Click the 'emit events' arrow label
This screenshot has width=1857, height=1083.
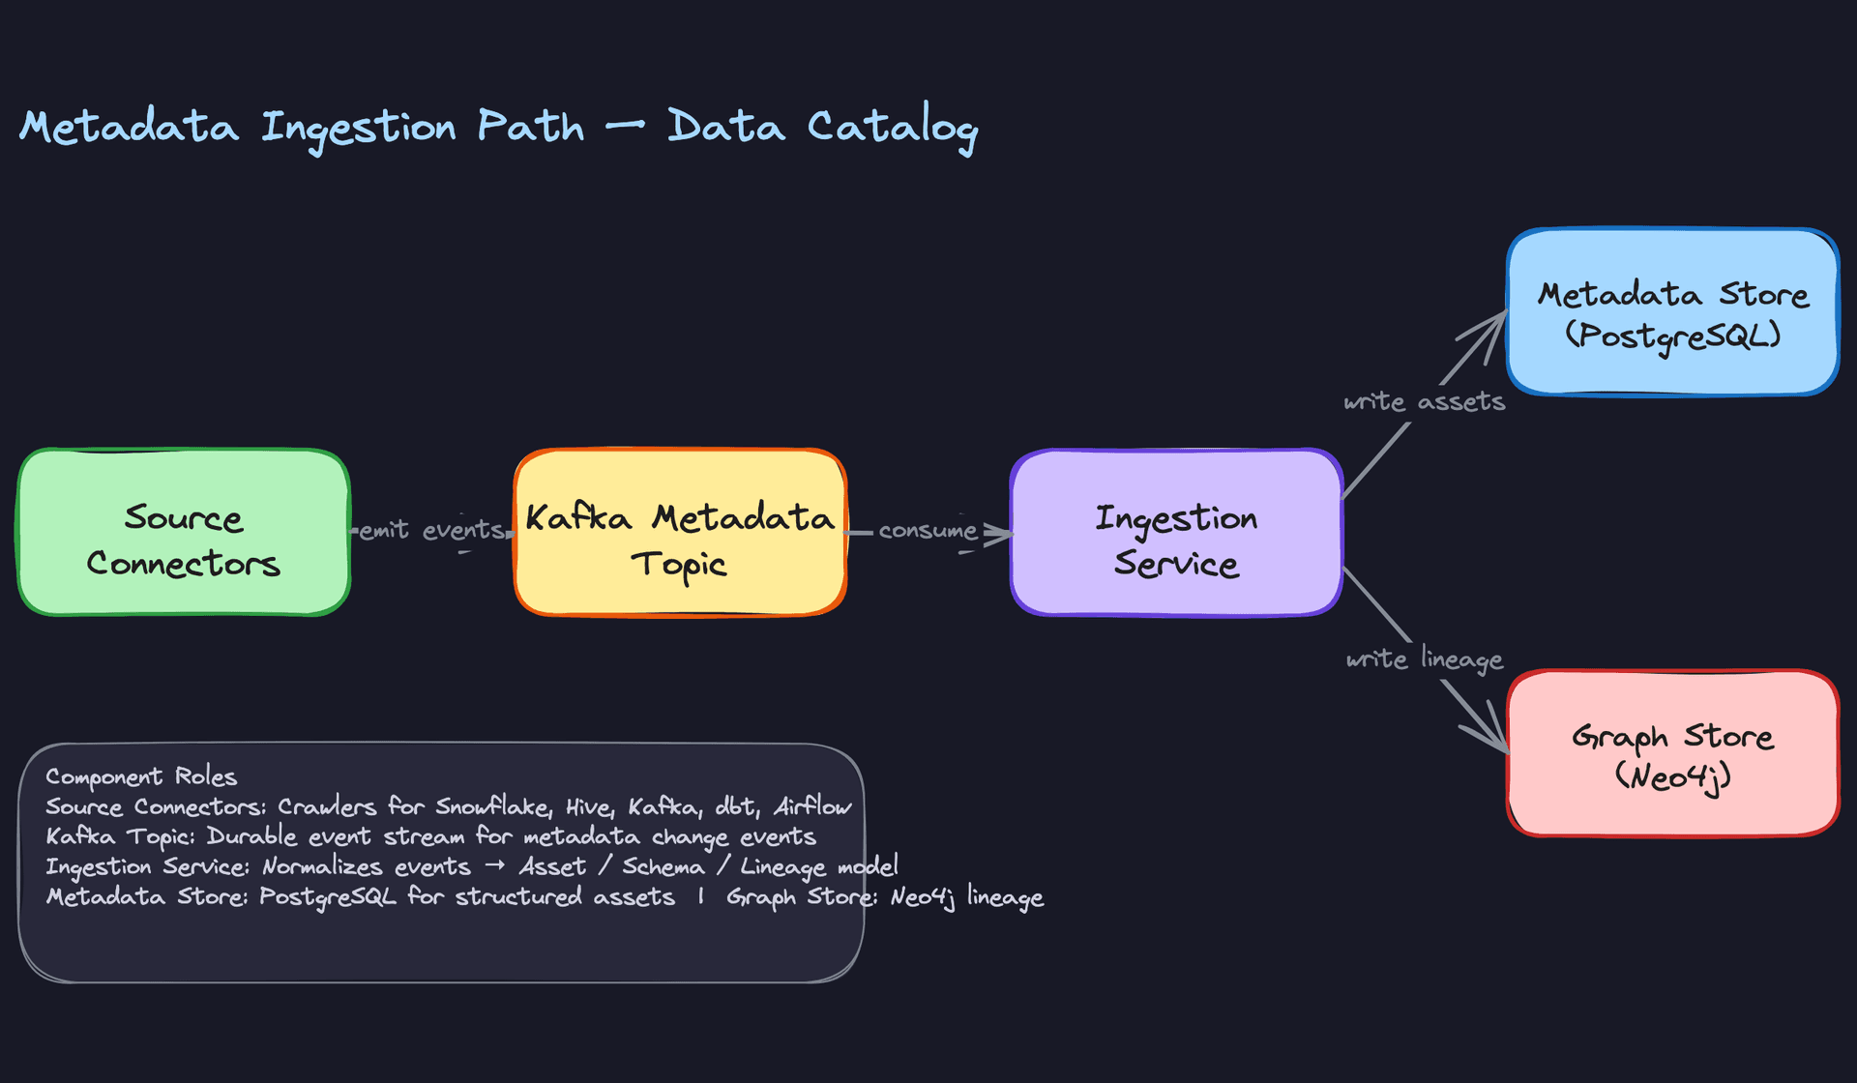point(431,530)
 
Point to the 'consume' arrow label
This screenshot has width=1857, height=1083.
point(928,530)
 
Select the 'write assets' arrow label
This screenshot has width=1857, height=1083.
point(1424,401)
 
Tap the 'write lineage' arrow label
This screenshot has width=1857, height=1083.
point(1424,659)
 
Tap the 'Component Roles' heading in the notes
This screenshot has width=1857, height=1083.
point(141,776)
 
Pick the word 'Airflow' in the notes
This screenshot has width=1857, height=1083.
point(812,806)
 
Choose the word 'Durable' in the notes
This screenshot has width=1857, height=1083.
point(251,836)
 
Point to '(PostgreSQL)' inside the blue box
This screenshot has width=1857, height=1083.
point(1672,336)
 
